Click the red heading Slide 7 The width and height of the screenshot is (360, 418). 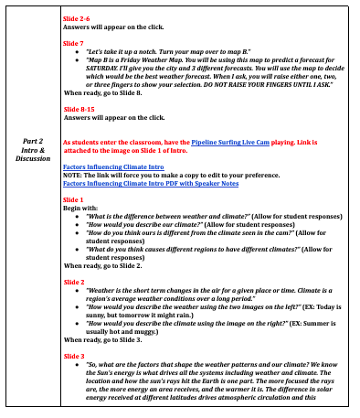coord(73,43)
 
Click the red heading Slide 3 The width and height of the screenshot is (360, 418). coord(73,354)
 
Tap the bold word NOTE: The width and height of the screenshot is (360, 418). coord(73,175)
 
